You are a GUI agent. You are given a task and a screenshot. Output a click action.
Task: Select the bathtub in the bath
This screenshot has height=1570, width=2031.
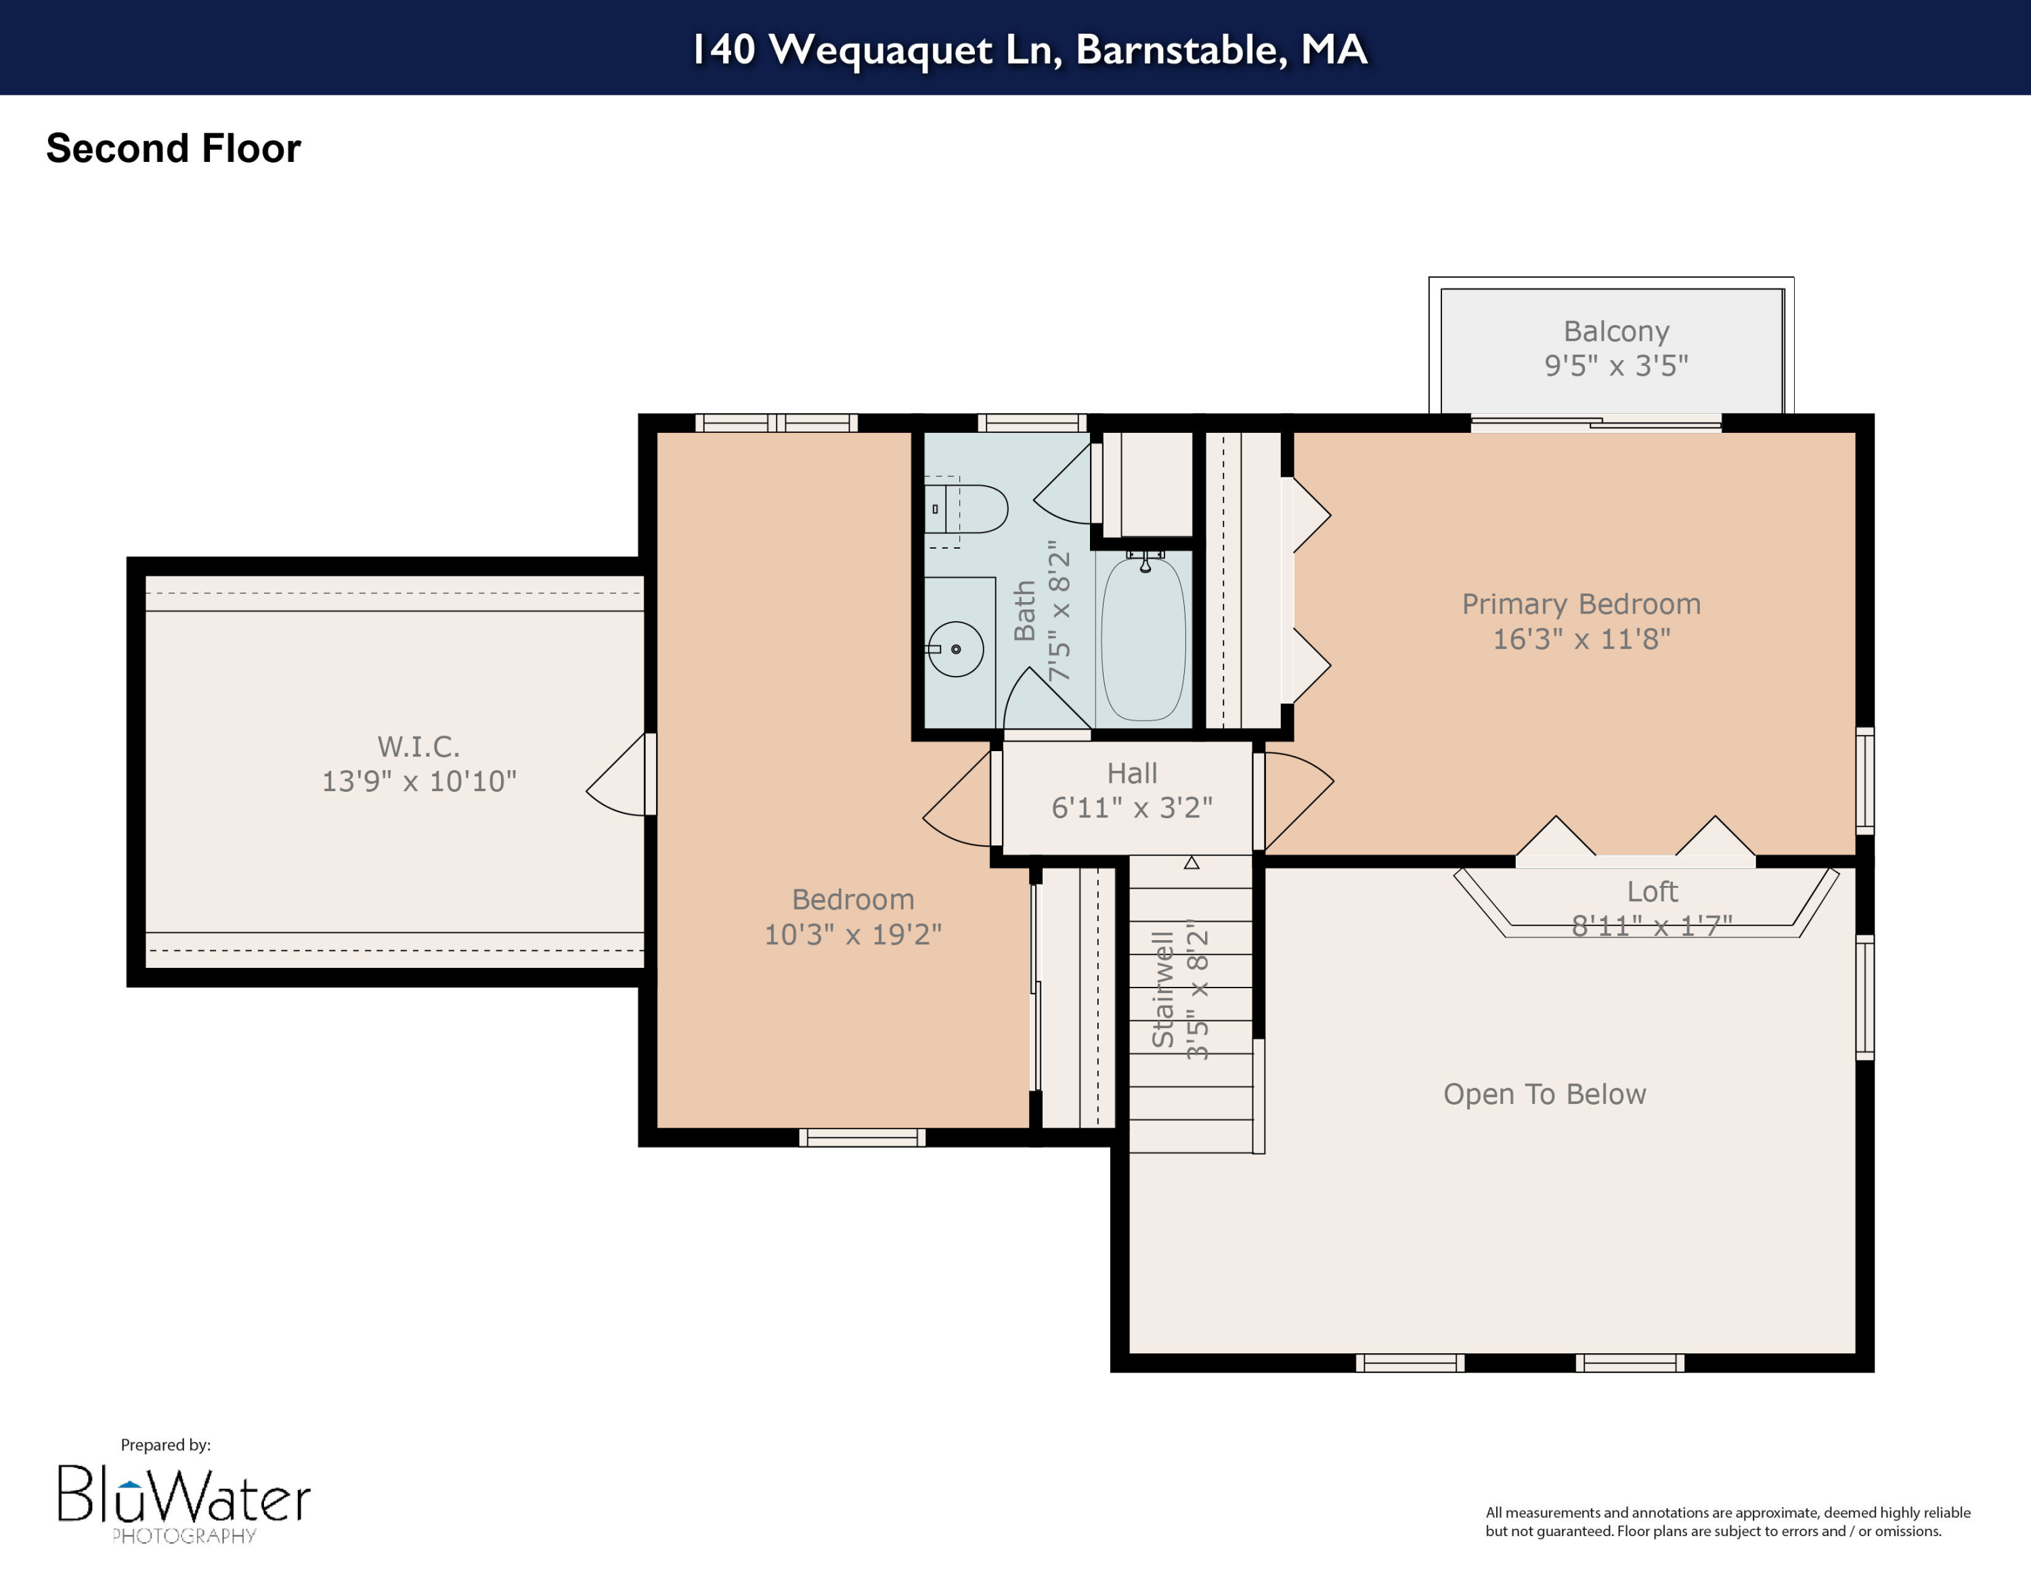(x=1144, y=639)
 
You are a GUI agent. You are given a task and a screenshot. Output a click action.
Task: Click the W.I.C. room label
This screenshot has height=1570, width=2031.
(x=418, y=746)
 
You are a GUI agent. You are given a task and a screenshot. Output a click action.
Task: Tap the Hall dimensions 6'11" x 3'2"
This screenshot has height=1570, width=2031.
(x=1132, y=807)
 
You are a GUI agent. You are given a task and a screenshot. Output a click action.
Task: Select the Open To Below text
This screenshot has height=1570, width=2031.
(x=1544, y=1094)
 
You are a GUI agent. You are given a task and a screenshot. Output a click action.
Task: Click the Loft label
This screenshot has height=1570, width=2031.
(x=1652, y=891)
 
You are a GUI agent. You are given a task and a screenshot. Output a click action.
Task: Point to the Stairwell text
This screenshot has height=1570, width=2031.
(x=1162, y=990)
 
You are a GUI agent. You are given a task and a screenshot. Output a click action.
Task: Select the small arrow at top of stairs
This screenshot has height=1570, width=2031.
(x=1192, y=863)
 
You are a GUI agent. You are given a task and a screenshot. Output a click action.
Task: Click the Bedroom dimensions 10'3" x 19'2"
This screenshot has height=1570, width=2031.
(x=853, y=934)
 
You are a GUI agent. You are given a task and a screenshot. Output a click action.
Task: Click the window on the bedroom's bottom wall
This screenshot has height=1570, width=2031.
(x=862, y=1137)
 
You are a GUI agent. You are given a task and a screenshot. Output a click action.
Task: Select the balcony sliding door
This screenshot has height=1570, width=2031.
(x=1596, y=424)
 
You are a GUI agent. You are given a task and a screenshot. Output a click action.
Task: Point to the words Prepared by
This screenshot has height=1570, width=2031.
(x=166, y=1445)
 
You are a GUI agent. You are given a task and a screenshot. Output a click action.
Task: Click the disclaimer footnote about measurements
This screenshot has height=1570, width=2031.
(x=1727, y=1522)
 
